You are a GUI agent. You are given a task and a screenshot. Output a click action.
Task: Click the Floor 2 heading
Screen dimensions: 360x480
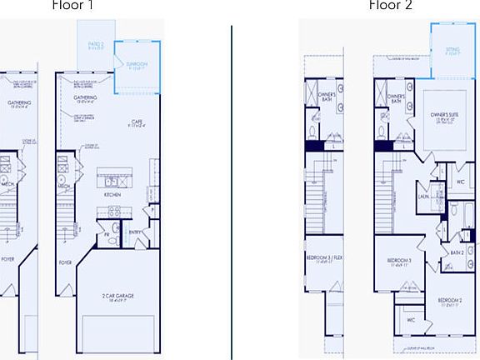coord(390,5)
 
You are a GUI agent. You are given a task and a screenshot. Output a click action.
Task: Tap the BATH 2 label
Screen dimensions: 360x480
coord(457,252)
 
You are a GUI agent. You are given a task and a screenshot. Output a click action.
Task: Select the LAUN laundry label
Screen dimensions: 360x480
coord(423,197)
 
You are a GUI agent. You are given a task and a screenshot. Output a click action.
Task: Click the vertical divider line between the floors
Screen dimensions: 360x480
coord(232,192)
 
